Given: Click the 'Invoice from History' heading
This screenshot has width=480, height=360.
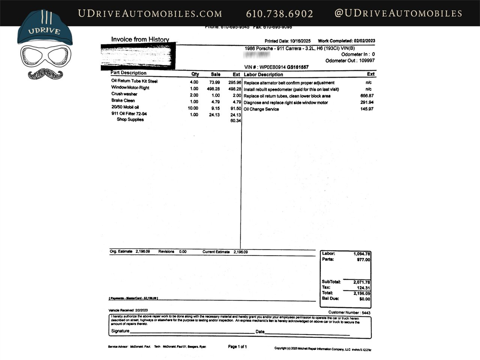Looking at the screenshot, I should click(140, 39).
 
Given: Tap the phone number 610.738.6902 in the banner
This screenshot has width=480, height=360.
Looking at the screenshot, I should click(279, 14).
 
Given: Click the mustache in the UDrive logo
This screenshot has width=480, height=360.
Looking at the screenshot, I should click(45, 73).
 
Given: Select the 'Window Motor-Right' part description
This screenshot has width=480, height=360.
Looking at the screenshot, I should click(130, 88).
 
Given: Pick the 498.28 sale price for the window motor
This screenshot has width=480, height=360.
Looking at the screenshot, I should click(213, 89).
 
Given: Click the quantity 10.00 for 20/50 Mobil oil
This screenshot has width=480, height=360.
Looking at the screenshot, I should click(193, 108).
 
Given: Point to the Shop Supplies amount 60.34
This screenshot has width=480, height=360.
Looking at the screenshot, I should click(235, 121).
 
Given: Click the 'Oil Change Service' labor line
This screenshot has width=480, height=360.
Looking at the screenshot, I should click(261, 109).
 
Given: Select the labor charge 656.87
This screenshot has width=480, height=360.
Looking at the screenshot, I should click(367, 96).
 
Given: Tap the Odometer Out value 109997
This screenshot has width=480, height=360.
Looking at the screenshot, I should click(367, 61).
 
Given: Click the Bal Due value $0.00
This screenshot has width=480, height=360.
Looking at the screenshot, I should click(364, 299).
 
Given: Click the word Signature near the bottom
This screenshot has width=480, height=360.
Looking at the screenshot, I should click(120, 331).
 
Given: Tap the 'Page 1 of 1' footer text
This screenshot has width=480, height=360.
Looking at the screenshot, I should click(237, 347).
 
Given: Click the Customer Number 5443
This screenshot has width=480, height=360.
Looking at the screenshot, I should click(366, 313).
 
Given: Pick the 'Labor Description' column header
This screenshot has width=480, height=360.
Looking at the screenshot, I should click(263, 75).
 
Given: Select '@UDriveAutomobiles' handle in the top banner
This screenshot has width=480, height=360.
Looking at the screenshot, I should click(398, 13).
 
